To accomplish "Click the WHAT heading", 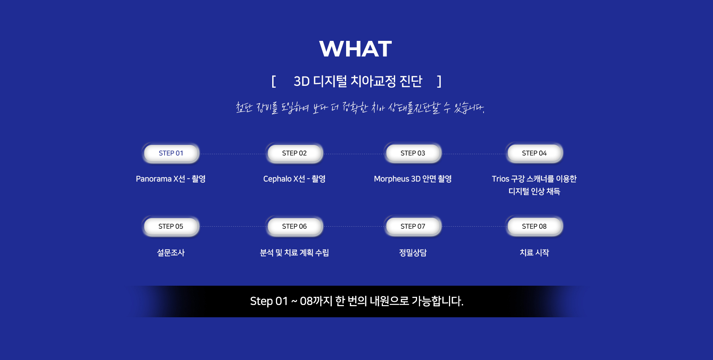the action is coord(355,49).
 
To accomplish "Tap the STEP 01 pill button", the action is coord(171,153).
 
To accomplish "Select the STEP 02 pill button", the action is coord(294,153).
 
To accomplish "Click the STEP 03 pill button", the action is coord(413,153).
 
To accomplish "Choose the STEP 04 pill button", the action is coord(534,153).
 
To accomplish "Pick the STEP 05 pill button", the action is coord(171,226).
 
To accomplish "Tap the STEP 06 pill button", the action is coord(294,226).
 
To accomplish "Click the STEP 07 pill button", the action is coord(413,226).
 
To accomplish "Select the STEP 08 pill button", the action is coord(534,226).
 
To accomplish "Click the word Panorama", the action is coord(154,179).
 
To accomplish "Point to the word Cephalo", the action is coord(277,179).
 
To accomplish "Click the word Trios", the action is coord(501,179).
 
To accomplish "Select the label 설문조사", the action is coord(171,253).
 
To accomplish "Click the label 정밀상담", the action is coord(413,253).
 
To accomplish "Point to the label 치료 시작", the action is coord(534,253).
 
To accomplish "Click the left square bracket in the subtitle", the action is coord(274,81).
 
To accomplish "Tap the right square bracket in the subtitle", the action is coord(439,81).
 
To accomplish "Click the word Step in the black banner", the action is coord(261,301).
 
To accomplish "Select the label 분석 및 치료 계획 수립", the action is coord(294,253).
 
